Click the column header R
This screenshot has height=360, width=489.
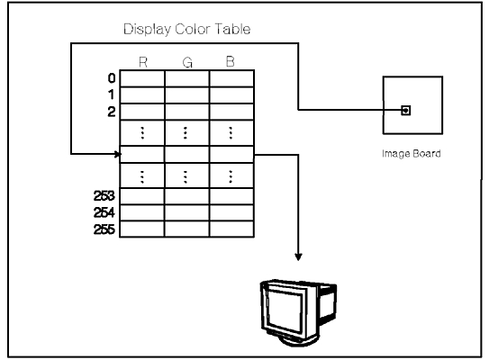coord(143,62)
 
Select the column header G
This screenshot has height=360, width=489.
coord(187,63)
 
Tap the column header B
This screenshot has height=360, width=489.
coord(231,62)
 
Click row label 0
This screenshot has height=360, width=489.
coord(112,78)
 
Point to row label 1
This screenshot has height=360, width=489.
coord(111,94)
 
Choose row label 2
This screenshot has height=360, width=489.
coord(112,112)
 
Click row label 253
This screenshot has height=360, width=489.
coord(104,196)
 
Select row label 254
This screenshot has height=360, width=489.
coord(104,213)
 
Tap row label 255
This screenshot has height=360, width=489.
coord(104,229)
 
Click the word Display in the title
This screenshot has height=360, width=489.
coord(147,30)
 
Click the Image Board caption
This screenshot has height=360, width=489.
coord(412,154)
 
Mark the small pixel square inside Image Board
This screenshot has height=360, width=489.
coord(406,111)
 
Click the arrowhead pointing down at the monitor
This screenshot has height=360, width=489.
coord(298,256)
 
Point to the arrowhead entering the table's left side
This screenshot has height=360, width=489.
coord(118,154)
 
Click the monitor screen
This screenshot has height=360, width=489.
coord(284,312)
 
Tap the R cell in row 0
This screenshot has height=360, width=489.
coord(142,78)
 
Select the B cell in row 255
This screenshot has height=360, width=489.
coord(231,229)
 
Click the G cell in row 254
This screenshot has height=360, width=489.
coord(186,212)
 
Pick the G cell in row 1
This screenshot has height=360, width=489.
coord(186,95)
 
